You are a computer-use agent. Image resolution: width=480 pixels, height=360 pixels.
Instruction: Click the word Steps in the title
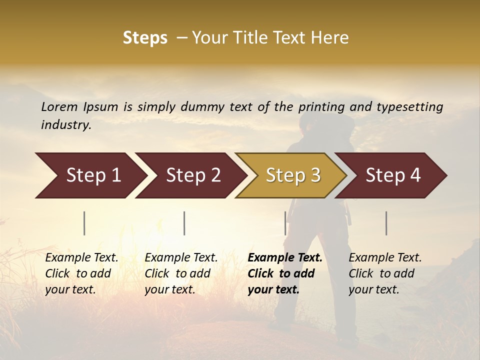coord(145,38)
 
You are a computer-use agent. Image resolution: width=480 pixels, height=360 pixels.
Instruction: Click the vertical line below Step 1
coord(84,223)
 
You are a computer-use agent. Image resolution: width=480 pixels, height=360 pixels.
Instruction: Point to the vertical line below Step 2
coord(184,223)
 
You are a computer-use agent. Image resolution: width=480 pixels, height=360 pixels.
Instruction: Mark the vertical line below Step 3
coord(285,223)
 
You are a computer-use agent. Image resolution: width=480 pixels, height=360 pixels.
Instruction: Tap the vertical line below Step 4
coord(386,223)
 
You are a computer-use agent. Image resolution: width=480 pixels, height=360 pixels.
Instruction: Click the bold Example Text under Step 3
coord(285,258)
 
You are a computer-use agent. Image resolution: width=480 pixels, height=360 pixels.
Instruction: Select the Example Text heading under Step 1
coord(81,258)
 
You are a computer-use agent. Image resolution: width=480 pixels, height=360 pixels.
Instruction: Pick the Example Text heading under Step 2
coord(181,258)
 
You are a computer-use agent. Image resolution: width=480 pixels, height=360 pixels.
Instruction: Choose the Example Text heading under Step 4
coord(385,258)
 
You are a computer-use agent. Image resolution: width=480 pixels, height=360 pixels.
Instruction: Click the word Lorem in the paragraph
coord(59,106)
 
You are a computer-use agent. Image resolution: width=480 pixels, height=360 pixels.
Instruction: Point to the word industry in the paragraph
coord(66,125)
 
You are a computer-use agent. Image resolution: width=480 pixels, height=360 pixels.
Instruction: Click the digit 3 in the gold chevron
coord(315,175)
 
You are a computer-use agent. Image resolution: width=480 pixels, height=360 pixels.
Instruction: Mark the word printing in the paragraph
coord(322,107)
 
